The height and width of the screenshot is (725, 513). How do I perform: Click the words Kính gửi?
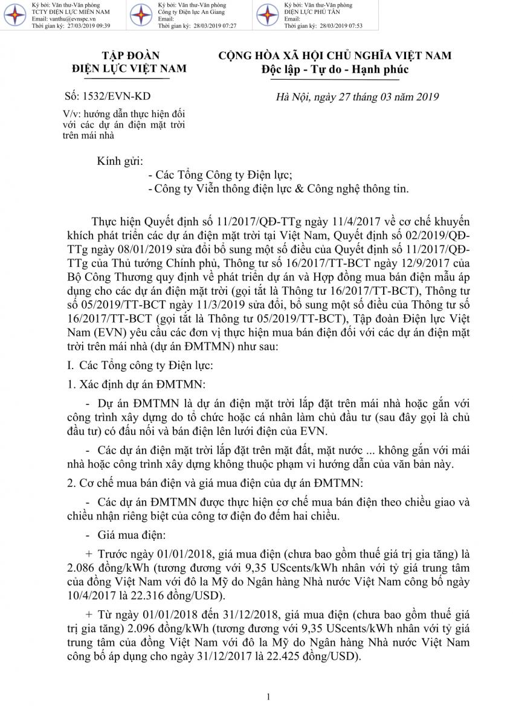click(120, 161)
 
